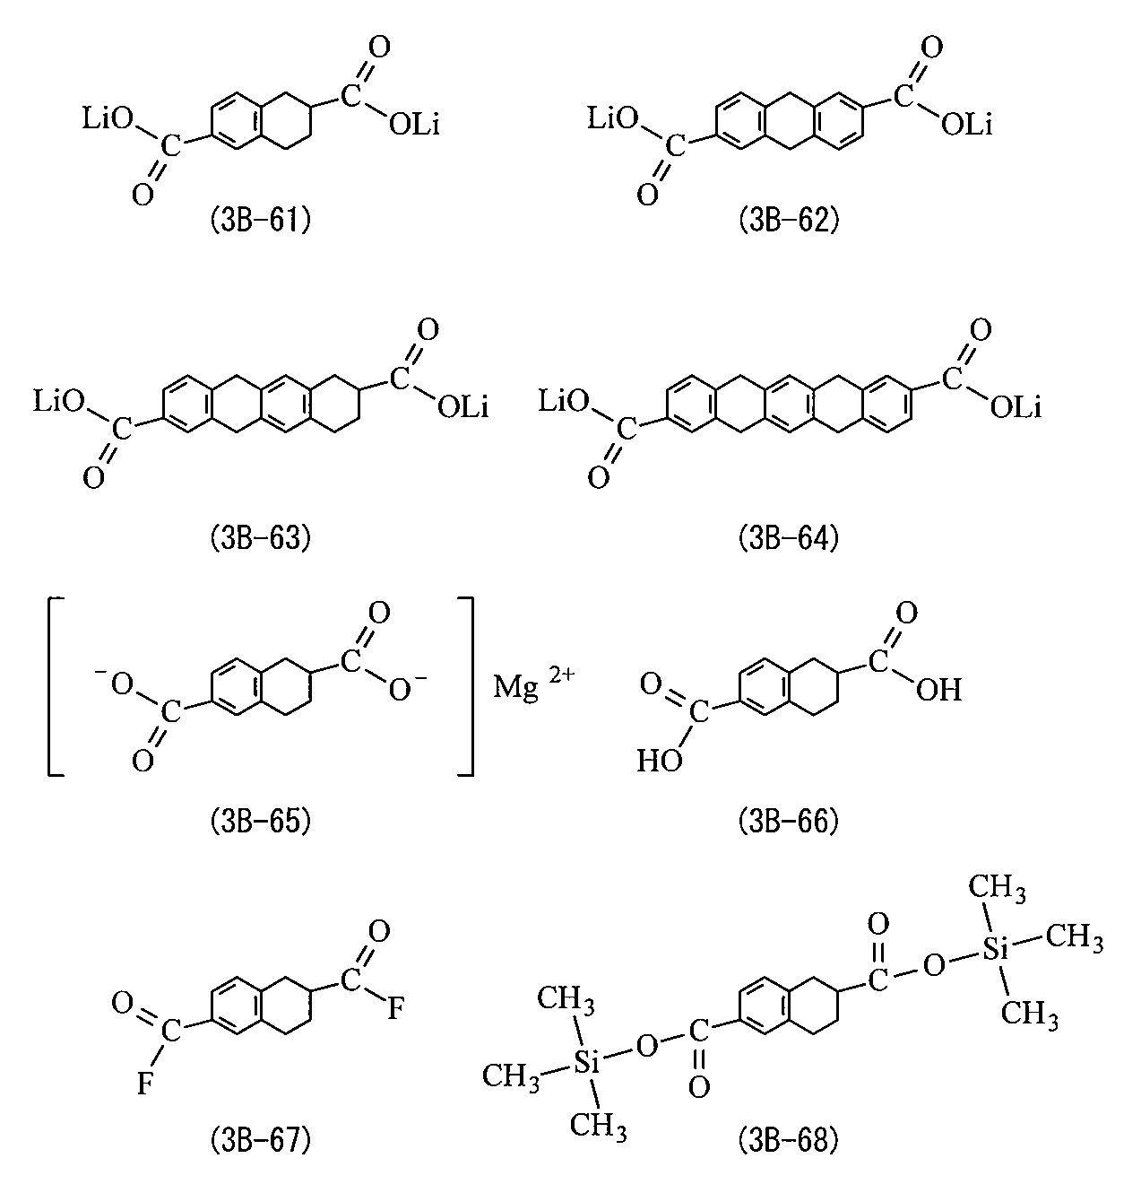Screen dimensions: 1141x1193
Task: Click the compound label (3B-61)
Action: coord(260,221)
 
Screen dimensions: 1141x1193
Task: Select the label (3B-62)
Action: coord(789,221)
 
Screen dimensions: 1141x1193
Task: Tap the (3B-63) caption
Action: coord(260,538)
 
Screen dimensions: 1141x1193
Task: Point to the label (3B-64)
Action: coord(789,538)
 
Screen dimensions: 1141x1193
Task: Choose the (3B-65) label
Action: coord(260,822)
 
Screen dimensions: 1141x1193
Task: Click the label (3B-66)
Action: coord(789,822)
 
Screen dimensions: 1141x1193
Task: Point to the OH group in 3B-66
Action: coord(939,690)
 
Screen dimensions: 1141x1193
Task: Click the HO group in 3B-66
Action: coord(660,761)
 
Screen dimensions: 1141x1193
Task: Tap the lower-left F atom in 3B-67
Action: coord(144,1084)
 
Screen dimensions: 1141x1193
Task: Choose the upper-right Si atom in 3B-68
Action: coord(995,950)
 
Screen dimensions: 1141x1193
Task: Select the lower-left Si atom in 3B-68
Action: coord(586,1062)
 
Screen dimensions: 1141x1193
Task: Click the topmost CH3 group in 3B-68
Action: coord(997,888)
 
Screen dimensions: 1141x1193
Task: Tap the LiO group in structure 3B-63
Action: coord(59,402)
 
